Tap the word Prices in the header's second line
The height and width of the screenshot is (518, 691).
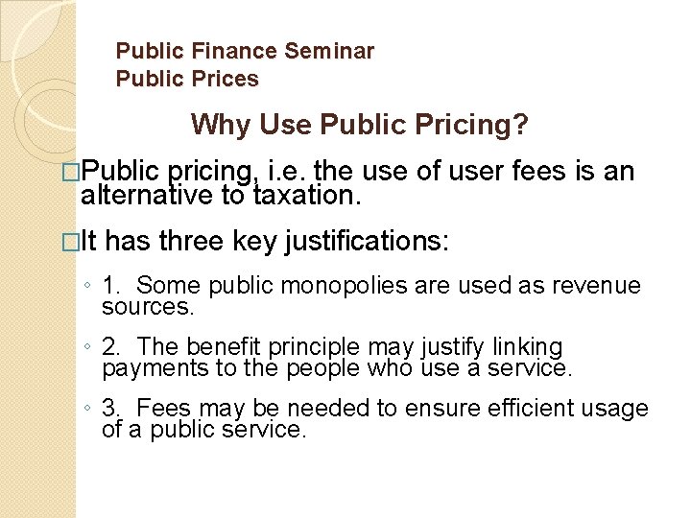pos(223,79)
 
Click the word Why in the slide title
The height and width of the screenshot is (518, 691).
pos(217,125)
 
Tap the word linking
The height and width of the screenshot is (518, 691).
pos(528,346)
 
